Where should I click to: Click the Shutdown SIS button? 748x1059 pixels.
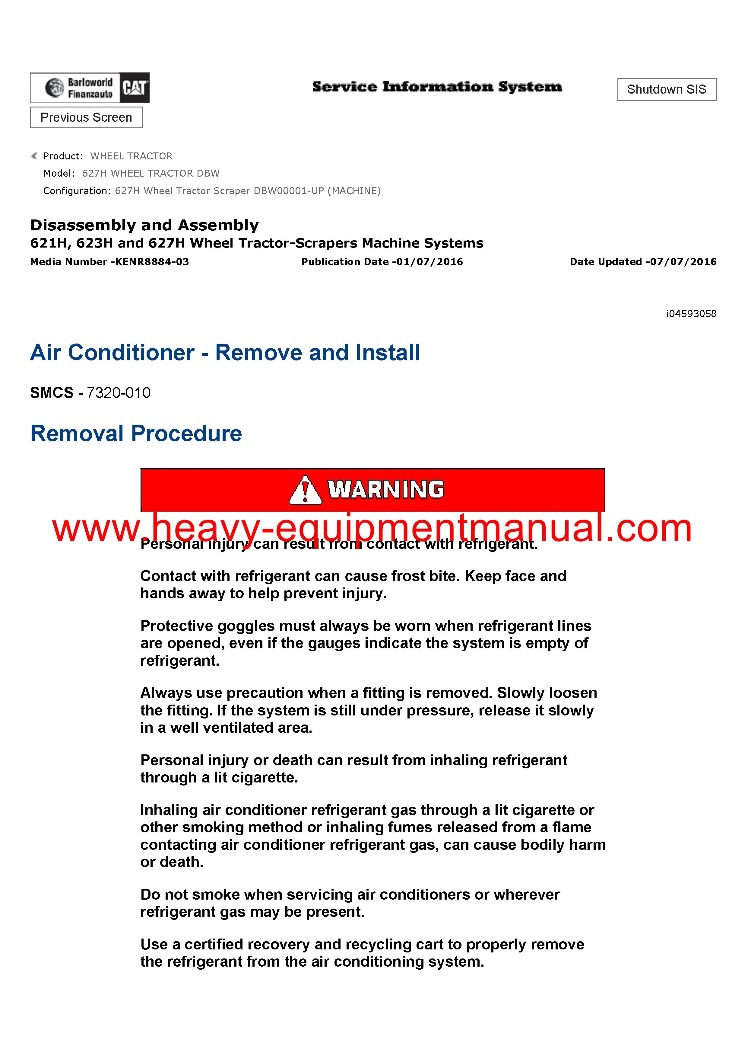pos(667,89)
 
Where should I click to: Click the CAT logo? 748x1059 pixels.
pos(135,88)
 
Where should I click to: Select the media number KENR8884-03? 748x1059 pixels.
pos(152,262)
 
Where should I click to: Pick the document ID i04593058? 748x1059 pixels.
pos(691,314)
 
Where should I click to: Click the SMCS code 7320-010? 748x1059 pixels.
pos(119,393)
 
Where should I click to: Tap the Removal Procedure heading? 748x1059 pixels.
pos(136,434)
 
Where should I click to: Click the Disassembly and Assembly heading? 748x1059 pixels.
pos(144,225)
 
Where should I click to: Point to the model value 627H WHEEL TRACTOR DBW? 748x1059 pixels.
pos(151,173)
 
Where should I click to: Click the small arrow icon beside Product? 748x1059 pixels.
pos(34,156)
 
